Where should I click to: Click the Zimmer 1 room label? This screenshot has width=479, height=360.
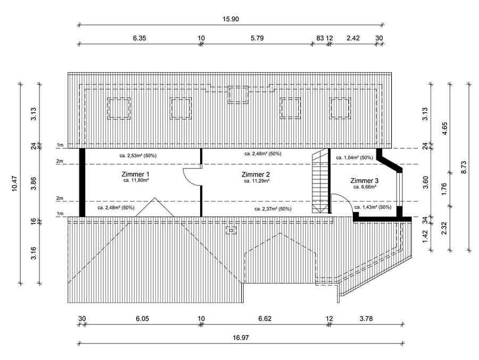135,174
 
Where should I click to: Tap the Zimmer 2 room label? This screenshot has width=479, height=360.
255,174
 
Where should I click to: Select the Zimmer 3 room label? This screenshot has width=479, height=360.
365,181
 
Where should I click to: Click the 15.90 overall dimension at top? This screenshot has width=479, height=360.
230,19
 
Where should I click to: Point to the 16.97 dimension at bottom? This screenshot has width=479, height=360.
241,338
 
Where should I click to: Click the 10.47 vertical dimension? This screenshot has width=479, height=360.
14,183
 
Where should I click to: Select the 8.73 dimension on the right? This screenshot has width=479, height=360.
464,168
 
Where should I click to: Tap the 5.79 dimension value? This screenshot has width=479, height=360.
257,38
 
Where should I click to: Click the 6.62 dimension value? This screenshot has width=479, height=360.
265,319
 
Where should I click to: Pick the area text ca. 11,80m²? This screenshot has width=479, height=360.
136,180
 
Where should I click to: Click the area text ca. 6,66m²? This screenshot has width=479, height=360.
365,187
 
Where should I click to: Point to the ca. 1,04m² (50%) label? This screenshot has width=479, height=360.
354,157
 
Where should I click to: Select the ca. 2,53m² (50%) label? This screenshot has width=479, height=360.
138,155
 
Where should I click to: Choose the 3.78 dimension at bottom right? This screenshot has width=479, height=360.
366,319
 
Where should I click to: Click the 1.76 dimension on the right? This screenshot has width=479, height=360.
444,189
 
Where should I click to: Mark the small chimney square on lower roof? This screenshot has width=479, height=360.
232,230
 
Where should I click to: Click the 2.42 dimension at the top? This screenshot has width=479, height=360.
353,38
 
